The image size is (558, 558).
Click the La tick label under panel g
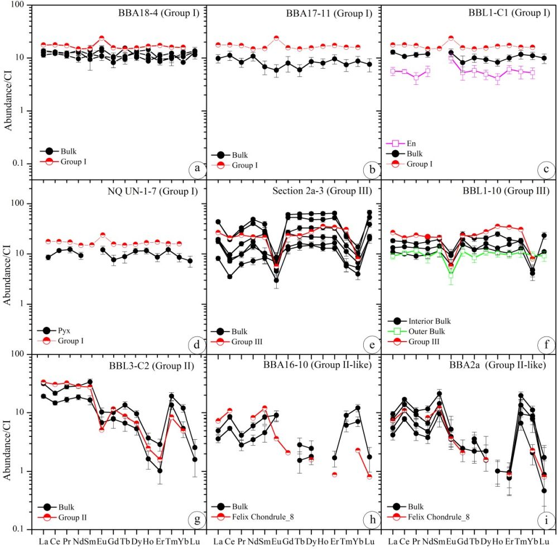click(43, 541)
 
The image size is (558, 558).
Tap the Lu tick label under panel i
click(545, 541)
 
